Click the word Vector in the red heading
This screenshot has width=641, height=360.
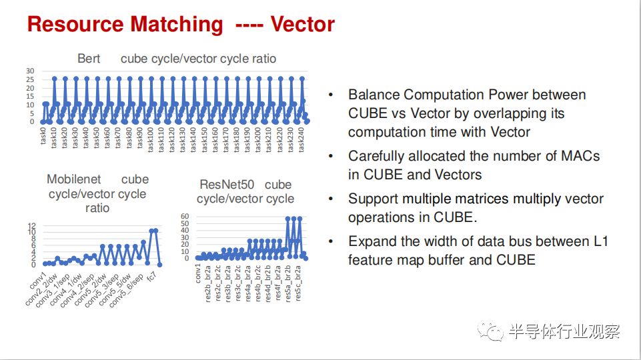click(x=303, y=24)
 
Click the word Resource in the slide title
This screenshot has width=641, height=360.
click(x=75, y=24)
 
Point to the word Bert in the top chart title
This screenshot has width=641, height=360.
click(x=89, y=59)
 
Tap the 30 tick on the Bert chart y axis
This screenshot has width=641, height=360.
click(x=30, y=71)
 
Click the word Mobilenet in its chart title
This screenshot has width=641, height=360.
click(x=73, y=179)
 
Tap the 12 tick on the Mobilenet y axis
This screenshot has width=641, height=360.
click(x=32, y=226)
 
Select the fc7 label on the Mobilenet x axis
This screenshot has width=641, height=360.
click(x=151, y=277)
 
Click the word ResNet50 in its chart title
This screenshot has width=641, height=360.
click(x=227, y=184)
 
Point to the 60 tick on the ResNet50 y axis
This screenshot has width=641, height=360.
click(x=185, y=216)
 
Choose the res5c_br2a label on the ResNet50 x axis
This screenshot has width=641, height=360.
click(x=298, y=283)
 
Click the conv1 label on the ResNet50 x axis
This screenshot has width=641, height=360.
click(x=198, y=273)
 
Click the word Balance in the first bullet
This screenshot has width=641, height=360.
click(x=374, y=95)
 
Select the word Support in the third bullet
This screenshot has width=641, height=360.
click(x=373, y=199)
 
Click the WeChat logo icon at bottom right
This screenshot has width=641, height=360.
click(x=490, y=331)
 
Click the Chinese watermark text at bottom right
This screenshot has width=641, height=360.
click(x=564, y=331)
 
